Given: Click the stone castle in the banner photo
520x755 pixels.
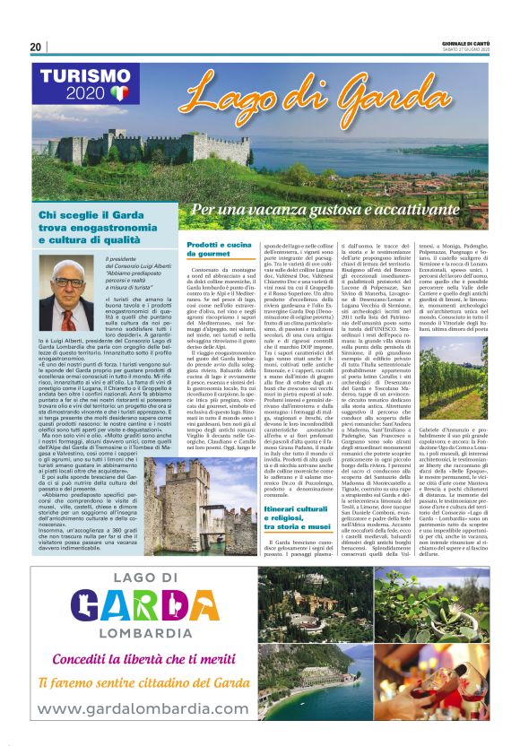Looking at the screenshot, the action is click(x=193, y=148).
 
